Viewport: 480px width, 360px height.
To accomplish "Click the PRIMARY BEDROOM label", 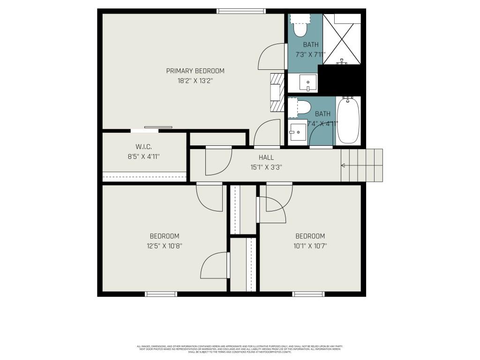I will [x=195, y=71].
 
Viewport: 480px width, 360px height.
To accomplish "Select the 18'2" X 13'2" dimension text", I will [x=195, y=81].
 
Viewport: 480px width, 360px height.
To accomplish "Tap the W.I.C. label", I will [x=143, y=147].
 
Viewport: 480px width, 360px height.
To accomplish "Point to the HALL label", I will [x=266, y=157].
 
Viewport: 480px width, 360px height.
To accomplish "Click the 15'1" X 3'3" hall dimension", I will [x=266, y=167].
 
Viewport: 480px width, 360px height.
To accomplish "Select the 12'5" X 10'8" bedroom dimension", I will [x=164, y=246].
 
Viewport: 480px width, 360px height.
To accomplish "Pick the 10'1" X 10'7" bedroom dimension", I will [x=310, y=246].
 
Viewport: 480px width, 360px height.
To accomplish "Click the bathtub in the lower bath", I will [x=348, y=121].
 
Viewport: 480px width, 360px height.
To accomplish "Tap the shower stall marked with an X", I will [x=342, y=39].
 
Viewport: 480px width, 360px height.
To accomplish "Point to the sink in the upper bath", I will [x=307, y=83].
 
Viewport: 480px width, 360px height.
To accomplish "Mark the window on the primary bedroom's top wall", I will [x=241, y=11].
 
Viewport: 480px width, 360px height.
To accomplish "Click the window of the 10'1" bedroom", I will [x=308, y=294].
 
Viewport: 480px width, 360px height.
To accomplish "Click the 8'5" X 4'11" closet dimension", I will [x=143, y=157].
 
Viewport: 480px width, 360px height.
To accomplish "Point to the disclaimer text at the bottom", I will [x=240, y=349].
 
